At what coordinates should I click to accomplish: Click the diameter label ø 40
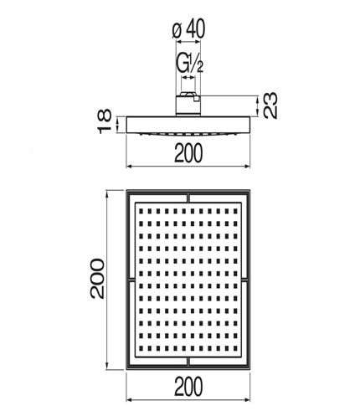(x=188, y=28)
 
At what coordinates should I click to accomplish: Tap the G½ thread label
(x=189, y=63)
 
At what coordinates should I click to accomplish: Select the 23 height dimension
(x=270, y=105)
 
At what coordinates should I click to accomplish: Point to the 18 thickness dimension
(x=105, y=121)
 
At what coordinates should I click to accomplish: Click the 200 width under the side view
(x=188, y=153)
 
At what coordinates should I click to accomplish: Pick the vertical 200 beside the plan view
(x=97, y=279)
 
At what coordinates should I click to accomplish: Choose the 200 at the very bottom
(x=188, y=387)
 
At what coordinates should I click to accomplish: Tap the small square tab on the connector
(x=197, y=99)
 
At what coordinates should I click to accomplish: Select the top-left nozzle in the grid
(x=141, y=211)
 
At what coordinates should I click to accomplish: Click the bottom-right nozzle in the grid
(x=235, y=348)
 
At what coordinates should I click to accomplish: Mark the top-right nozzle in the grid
(x=235, y=211)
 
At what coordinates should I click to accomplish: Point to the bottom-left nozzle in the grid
(x=141, y=348)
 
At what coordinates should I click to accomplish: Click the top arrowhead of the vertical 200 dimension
(x=106, y=193)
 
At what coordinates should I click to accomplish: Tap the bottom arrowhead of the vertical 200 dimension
(x=106, y=367)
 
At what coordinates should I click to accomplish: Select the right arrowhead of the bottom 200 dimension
(x=247, y=400)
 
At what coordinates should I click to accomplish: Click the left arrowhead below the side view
(x=130, y=167)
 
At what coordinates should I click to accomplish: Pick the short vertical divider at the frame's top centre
(x=188, y=198)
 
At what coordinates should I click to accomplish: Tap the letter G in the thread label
(x=183, y=63)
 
